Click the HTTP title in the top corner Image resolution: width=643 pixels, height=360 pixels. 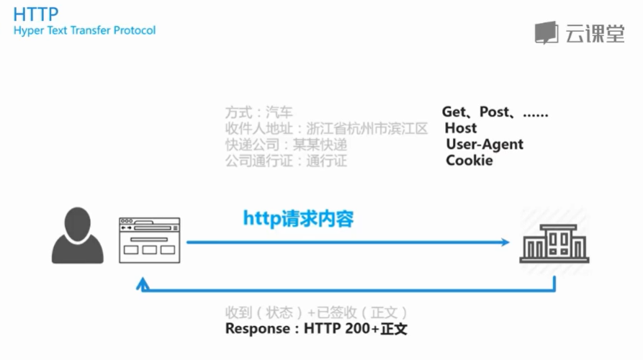[x=36, y=14]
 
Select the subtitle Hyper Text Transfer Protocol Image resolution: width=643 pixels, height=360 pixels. [x=84, y=31]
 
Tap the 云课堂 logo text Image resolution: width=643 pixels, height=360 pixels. [x=595, y=33]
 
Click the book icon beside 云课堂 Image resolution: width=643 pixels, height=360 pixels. [x=547, y=33]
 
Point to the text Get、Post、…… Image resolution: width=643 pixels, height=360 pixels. [x=495, y=112]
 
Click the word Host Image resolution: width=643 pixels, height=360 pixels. [x=461, y=128]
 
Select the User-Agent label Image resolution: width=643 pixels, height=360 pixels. [x=485, y=144]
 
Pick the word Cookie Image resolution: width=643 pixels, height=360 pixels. [x=469, y=160]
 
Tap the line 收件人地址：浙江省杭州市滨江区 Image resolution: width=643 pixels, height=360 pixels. [x=326, y=129]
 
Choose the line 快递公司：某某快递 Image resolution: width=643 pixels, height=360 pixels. [x=286, y=145]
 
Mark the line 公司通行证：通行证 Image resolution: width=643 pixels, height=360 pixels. [x=286, y=161]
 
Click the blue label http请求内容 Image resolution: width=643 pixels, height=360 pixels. [x=298, y=217]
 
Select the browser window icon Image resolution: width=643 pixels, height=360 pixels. [x=149, y=238]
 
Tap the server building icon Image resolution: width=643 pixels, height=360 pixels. [x=554, y=238]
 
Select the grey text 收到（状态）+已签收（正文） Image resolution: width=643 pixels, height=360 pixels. [x=317, y=313]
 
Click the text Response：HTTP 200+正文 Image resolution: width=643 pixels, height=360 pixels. [x=317, y=329]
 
